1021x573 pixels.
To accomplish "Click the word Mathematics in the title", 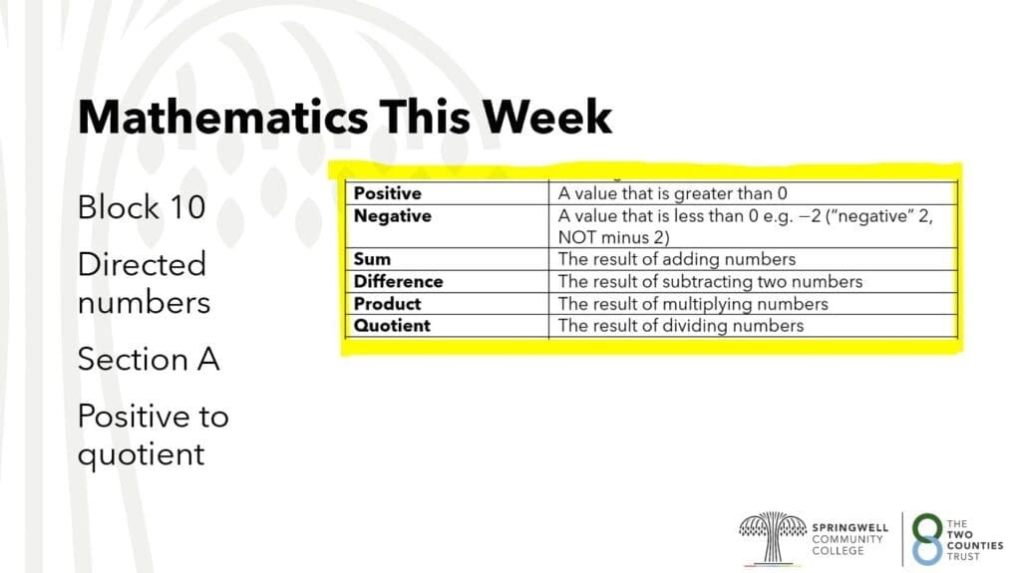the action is click(222, 118).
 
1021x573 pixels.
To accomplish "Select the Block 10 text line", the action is click(142, 207).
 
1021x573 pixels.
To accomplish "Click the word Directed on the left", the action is click(142, 264).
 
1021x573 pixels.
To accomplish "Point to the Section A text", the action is click(149, 359).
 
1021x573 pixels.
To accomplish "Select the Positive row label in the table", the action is click(388, 193).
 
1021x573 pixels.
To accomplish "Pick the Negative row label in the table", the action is click(393, 216).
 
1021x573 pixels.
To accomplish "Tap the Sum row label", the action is click(372, 259).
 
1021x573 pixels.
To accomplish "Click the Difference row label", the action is click(398, 281).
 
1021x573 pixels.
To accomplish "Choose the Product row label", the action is click(387, 304).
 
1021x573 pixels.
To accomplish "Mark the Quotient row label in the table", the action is click(392, 326).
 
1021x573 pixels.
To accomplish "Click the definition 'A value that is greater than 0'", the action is click(673, 193).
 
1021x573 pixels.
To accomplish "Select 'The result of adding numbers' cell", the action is click(677, 259).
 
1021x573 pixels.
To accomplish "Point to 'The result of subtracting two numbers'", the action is click(710, 281).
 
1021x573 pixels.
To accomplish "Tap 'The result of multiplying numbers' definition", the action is click(694, 304).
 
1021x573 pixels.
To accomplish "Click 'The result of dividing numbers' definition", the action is click(681, 326).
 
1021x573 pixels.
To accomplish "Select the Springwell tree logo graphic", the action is click(773, 538).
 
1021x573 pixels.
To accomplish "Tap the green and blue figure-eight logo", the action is click(927, 539).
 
